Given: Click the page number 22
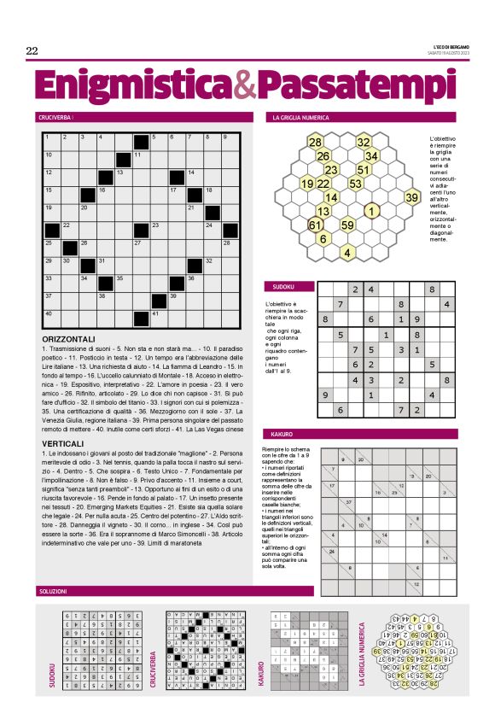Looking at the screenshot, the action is (32, 51).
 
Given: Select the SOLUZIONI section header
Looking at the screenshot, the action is (55, 591).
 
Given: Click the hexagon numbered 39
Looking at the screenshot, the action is (412, 198).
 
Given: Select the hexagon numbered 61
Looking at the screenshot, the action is (315, 225).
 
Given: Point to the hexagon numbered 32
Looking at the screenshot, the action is (364, 143).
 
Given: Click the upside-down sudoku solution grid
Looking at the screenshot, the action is (90, 650).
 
